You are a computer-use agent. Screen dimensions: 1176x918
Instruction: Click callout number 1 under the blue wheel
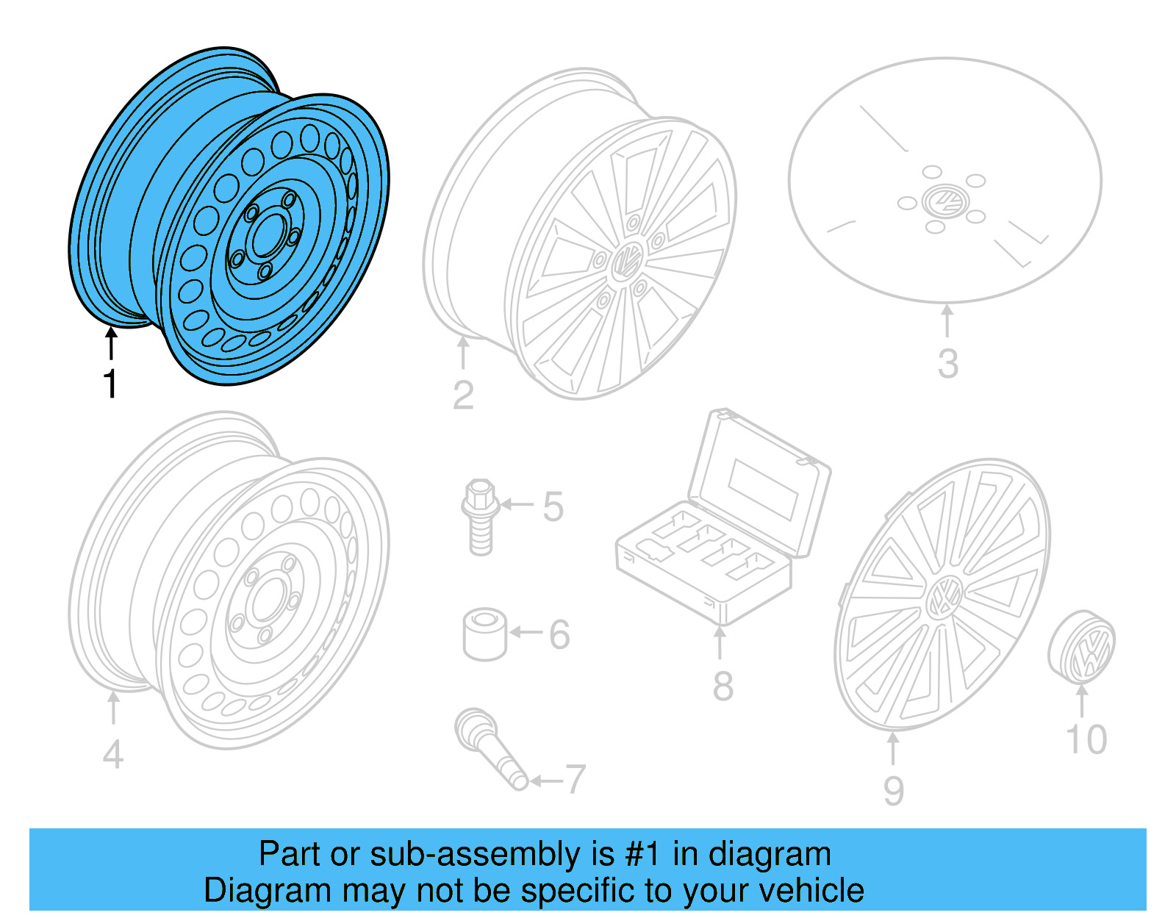point(110,384)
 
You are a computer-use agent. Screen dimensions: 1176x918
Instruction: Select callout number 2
point(463,395)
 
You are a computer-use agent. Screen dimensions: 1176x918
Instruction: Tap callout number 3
point(947,364)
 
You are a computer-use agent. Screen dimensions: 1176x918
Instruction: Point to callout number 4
point(112,755)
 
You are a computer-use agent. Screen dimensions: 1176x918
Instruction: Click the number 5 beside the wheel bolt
point(553,507)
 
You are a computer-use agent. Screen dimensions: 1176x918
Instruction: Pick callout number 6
point(559,634)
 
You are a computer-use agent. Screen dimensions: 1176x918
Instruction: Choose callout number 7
point(575,780)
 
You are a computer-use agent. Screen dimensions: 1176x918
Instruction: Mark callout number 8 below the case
point(723,686)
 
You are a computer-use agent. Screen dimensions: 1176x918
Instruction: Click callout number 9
point(893,791)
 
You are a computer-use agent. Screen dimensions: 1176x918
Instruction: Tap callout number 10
point(1086,739)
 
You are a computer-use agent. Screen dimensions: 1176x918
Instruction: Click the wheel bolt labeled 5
point(480,517)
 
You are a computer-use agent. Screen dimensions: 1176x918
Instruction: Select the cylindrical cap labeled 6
point(484,634)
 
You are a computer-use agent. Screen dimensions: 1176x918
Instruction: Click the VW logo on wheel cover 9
point(944,598)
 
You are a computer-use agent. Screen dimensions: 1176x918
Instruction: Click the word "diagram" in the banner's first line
point(770,855)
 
